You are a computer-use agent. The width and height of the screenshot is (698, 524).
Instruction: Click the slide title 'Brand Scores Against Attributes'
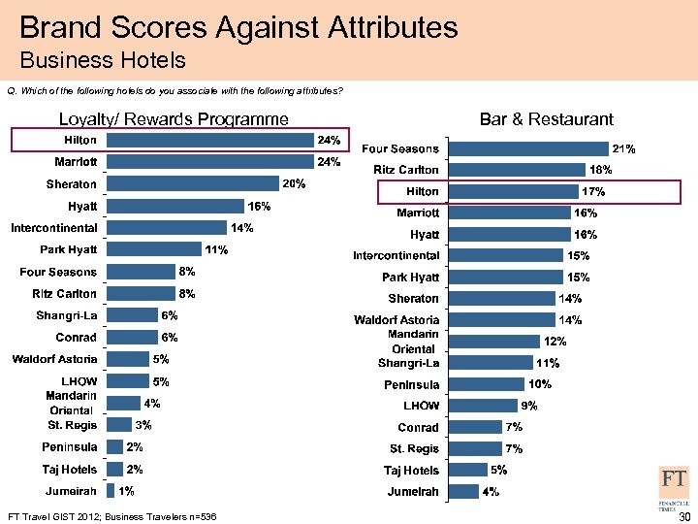[x=238, y=26]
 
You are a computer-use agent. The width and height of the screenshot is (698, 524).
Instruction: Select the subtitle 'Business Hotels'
[x=102, y=61]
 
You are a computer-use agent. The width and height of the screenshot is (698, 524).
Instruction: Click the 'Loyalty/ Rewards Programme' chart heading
[x=174, y=119]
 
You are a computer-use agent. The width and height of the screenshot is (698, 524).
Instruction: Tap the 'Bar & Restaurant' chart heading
[x=546, y=119]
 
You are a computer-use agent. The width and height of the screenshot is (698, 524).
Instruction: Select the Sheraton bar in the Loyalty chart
[x=193, y=184]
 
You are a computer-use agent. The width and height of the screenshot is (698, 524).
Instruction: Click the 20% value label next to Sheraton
[x=294, y=184]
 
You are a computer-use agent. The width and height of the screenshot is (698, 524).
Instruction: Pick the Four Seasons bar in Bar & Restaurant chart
[x=529, y=148]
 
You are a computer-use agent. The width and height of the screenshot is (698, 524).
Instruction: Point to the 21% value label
[x=623, y=148]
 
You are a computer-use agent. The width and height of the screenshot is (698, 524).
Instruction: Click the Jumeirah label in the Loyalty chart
[x=69, y=491]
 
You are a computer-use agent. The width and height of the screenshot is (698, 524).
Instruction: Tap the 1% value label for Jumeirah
[x=126, y=491]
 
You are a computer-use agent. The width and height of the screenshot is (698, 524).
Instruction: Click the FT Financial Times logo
[x=675, y=486]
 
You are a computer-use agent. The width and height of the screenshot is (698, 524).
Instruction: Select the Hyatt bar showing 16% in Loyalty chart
[x=174, y=206]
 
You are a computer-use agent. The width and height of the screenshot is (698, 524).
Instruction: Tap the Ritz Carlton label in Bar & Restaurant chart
[x=406, y=170]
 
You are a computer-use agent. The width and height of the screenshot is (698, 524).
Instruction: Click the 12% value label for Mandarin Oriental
[x=555, y=342]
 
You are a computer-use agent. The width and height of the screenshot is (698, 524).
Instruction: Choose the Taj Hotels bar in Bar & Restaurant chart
[x=468, y=470]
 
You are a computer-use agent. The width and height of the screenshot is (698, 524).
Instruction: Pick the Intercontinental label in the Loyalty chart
[x=53, y=228]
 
